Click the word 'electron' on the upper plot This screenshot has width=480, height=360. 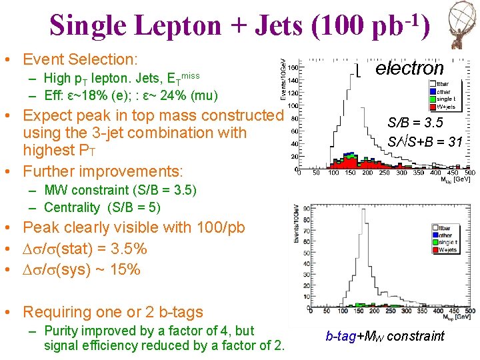coord(409,68)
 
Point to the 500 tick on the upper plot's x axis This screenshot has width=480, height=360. coord(470,173)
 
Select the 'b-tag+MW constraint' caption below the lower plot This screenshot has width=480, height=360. coord(385,336)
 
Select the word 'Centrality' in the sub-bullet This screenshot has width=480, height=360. coord(71,207)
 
